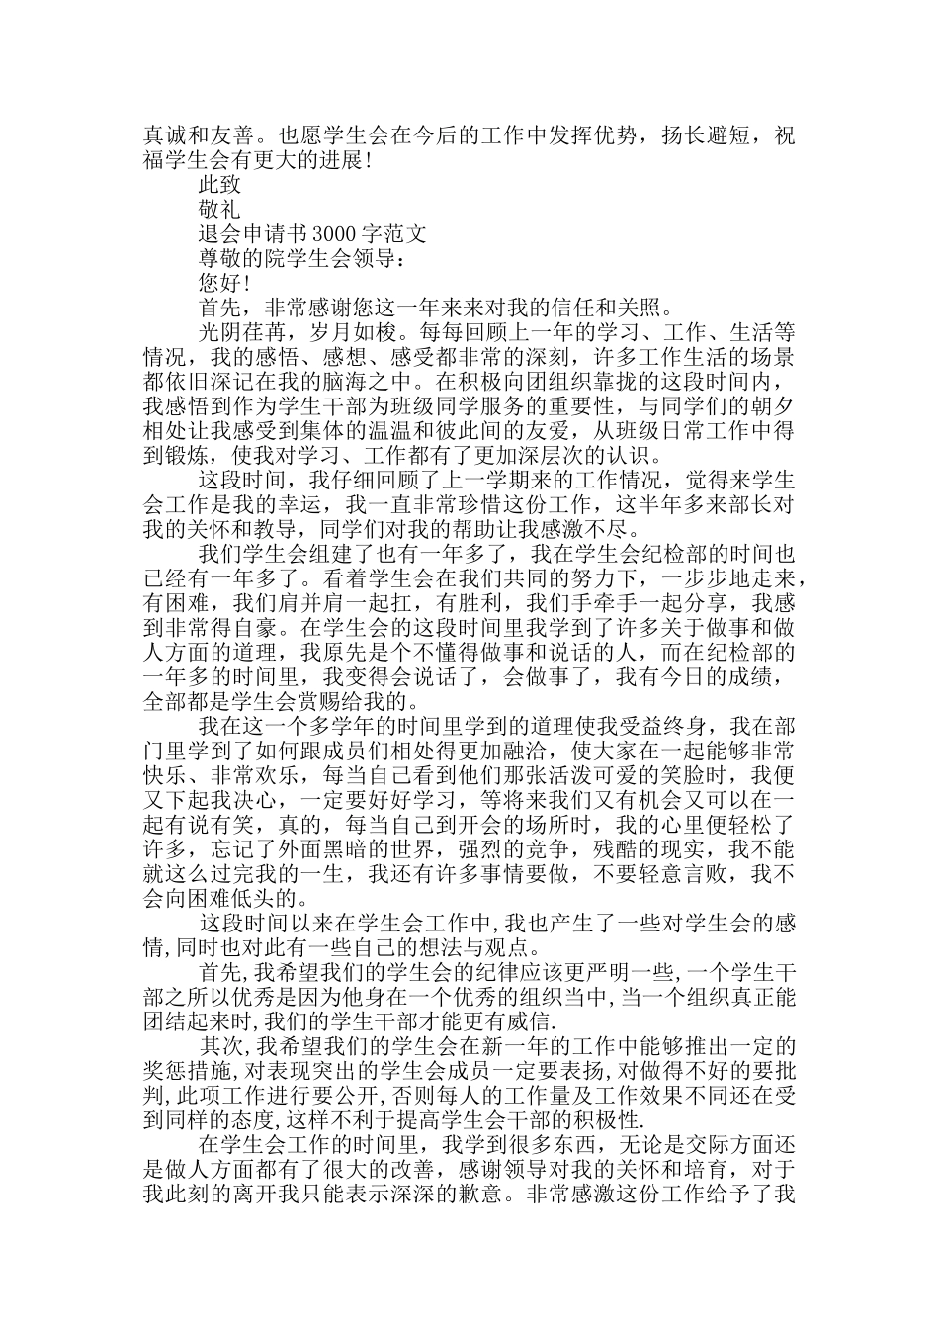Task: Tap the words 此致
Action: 219,184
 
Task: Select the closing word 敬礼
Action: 219,210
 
